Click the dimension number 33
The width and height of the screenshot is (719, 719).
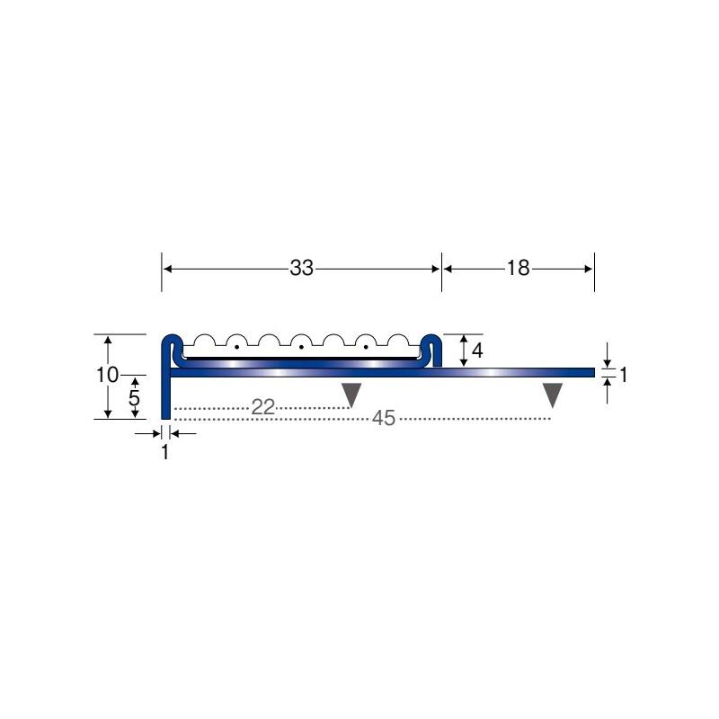pyautogui.click(x=302, y=268)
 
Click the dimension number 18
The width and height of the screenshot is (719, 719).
pyautogui.click(x=519, y=268)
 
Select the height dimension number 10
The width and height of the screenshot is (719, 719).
pyautogui.click(x=107, y=375)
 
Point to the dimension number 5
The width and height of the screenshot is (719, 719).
pyautogui.click(x=134, y=398)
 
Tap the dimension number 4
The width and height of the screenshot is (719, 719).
pyautogui.click(x=477, y=351)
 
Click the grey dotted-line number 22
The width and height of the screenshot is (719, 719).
pyautogui.click(x=263, y=407)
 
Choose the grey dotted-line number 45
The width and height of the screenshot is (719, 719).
pyautogui.click(x=384, y=418)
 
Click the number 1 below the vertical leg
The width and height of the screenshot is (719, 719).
pyautogui.click(x=165, y=452)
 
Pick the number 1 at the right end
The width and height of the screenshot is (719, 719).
pyautogui.click(x=623, y=375)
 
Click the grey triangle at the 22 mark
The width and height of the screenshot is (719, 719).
pyautogui.click(x=351, y=394)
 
